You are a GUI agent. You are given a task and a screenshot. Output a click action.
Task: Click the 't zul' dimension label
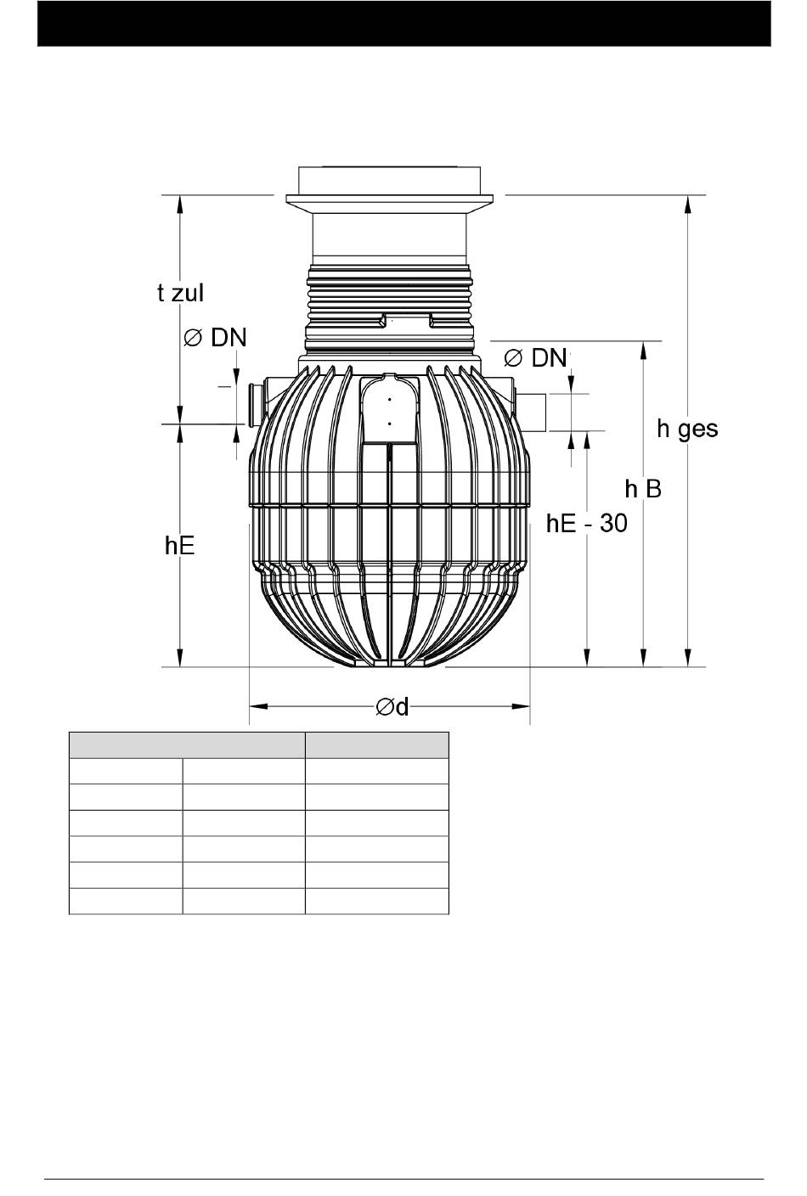coord(181,293)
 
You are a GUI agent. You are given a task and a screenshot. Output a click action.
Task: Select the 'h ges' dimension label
coord(687,430)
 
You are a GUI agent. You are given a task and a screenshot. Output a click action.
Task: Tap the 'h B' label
coord(643,489)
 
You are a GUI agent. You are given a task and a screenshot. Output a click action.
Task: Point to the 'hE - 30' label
coord(587,523)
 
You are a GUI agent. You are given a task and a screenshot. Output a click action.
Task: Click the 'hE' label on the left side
coord(179,546)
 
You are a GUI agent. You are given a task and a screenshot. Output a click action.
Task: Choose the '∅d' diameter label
coord(392,707)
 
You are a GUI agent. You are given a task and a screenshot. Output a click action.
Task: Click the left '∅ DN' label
coord(216,338)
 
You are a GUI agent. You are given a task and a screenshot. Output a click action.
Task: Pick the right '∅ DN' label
coord(535,357)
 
